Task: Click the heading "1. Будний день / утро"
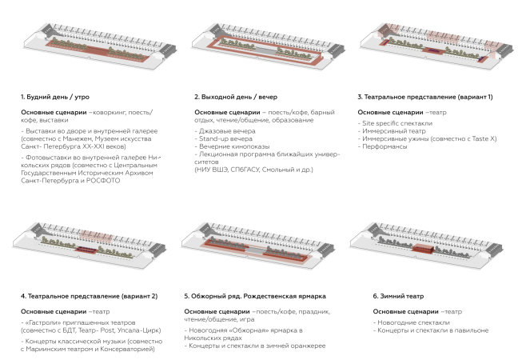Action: coord(55,97)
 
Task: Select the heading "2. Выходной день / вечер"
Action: coord(236,97)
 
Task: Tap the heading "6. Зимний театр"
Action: coord(398,296)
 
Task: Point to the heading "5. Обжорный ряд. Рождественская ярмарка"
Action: coord(255,296)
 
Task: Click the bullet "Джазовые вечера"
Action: coord(227,131)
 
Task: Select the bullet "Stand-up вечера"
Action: coord(225,138)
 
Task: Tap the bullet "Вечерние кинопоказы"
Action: coord(234,146)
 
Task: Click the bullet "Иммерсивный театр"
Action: coord(394,131)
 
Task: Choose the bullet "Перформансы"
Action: coord(385,146)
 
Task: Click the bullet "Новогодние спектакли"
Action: coord(413,322)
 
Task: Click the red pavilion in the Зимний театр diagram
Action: coord(423,249)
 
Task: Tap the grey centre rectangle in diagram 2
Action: coord(265,50)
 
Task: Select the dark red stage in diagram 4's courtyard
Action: coord(86,250)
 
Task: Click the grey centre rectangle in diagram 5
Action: coord(255,250)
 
